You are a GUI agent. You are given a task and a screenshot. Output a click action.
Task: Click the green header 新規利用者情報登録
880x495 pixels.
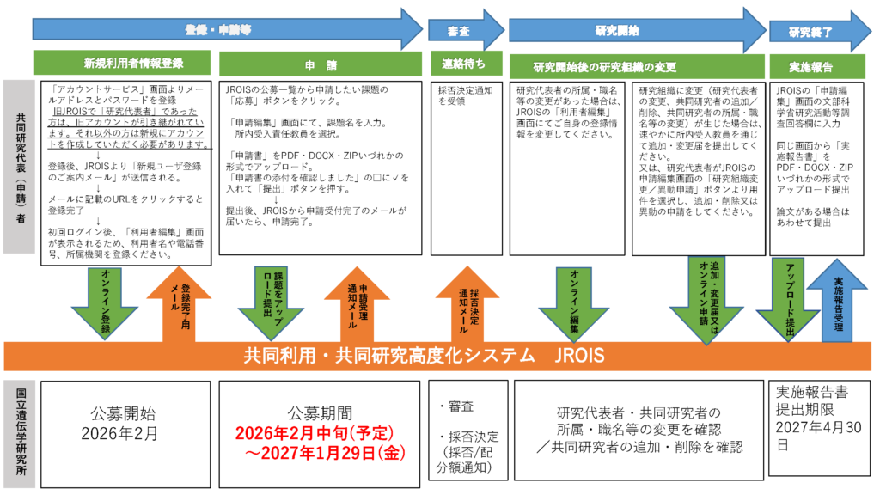click(x=121, y=64)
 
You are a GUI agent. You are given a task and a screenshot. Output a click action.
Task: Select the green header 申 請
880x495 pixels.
click(x=320, y=64)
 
